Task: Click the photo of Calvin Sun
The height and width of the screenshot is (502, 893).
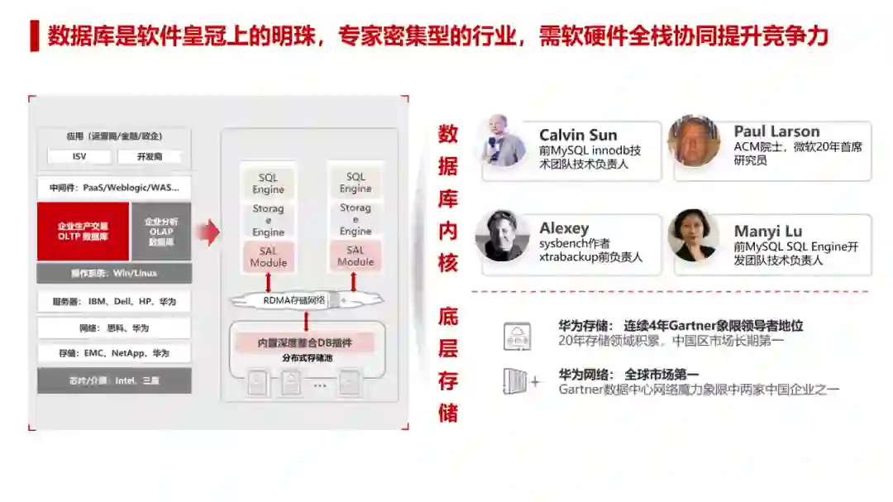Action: pos(504,141)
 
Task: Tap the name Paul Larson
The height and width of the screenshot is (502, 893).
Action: pos(776,131)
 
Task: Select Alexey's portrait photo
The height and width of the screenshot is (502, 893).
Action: pos(502,236)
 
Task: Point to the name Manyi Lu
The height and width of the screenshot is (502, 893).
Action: pos(767,232)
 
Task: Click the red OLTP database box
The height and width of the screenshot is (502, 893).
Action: pos(83,231)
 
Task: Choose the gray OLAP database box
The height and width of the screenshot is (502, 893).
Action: pos(160,232)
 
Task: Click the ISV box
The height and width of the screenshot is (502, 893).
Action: pos(79,157)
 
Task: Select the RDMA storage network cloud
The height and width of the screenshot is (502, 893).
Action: pos(295,300)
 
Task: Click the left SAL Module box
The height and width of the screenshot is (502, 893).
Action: pos(269,256)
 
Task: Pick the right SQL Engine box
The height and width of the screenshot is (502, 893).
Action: pos(356,183)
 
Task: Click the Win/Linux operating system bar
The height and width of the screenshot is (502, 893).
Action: pos(114,273)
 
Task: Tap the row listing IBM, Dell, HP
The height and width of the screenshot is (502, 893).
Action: pos(114,302)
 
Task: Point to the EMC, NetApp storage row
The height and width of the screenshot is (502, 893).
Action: pos(114,353)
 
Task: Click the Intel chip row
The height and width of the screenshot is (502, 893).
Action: pos(114,380)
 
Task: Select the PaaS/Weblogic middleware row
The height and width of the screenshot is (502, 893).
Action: pos(114,188)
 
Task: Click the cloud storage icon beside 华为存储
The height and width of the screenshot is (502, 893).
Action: pos(518,336)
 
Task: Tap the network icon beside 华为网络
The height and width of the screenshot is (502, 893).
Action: pos(517,381)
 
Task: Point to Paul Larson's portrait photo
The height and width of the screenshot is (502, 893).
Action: pos(694,141)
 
